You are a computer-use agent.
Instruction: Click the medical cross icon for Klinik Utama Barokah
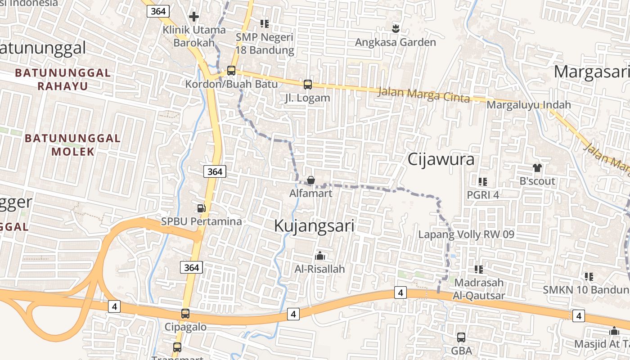tap(194, 17)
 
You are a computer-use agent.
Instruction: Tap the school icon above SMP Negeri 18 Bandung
tap(265, 23)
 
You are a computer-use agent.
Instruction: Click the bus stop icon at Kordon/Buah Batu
tap(231, 71)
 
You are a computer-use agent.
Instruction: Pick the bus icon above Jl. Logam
tap(308, 84)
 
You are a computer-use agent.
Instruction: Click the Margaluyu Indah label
tap(529, 105)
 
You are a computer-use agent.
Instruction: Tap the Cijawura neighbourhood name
tap(441, 159)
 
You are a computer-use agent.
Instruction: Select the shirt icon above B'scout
tap(537, 168)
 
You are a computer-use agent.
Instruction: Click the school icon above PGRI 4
tap(483, 182)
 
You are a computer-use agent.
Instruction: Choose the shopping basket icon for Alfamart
tap(311, 180)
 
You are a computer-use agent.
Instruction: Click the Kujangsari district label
tap(314, 226)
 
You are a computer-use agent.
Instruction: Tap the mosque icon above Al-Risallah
tap(320, 256)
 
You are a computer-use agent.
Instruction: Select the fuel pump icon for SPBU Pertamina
tap(202, 208)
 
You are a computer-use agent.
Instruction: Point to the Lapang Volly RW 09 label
tap(466, 234)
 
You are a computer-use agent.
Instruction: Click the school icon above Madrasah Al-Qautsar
tap(479, 270)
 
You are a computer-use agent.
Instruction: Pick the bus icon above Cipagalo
tap(185, 314)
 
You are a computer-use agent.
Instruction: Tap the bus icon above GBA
tap(461, 337)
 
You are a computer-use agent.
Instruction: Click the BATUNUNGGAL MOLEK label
tap(72, 144)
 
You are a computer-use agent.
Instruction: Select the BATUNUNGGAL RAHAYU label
tap(63, 79)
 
